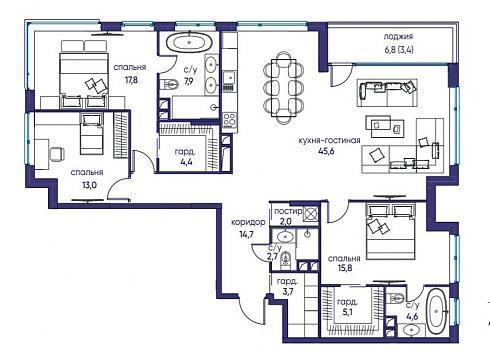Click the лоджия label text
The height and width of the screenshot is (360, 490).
click(398, 37)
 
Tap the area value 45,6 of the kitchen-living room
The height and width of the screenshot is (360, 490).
click(326, 151)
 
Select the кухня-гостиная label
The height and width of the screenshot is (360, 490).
click(329, 140)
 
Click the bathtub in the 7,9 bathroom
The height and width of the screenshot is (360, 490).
click(189, 43)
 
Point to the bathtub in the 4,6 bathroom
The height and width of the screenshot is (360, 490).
click(437, 311)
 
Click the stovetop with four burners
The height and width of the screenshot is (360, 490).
click(230, 120)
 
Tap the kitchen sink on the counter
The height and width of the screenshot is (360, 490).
click(229, 78)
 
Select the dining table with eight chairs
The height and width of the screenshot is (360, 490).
click(284, 87)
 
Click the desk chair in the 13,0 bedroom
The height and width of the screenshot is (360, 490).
click(57, 154)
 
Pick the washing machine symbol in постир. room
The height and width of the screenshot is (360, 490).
click(311, 213)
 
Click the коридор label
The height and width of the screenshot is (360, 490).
click(248, 222)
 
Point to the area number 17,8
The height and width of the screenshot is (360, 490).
click(131, 80)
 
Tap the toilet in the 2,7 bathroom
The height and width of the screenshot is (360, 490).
click(286, 259)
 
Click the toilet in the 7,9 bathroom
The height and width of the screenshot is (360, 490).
click(169, 84)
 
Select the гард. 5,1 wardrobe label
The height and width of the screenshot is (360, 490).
click(347, 307)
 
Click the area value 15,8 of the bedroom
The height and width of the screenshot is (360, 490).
click(345, 268)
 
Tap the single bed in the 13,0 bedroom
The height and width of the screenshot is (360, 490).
click(91, 134)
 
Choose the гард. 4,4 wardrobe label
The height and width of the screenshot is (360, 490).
click(186, 157)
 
